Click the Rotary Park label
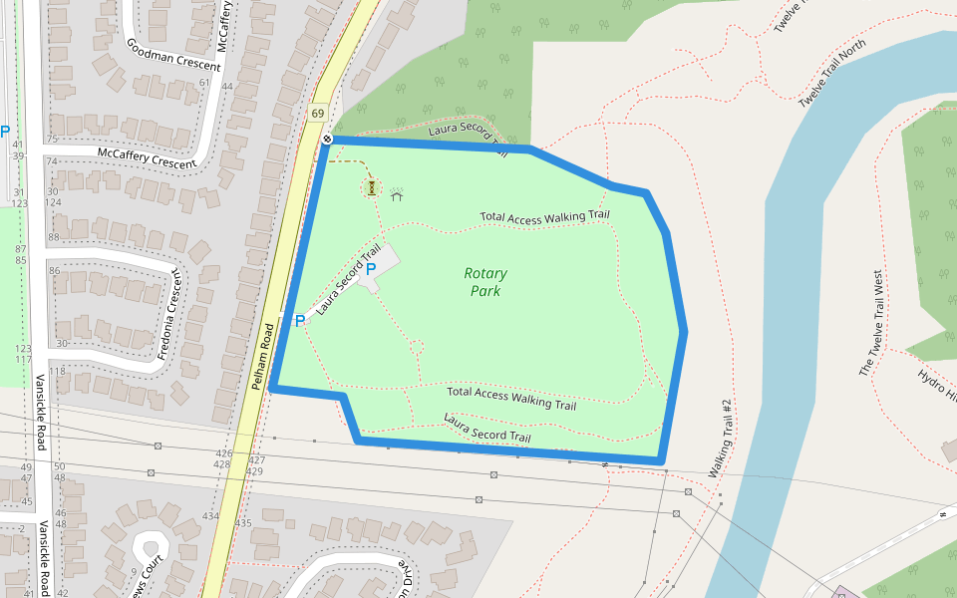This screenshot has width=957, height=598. pos(485,282)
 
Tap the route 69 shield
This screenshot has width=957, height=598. pos(318,114)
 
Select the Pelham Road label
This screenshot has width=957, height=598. pos(262,356)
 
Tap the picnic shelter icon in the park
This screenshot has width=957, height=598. pos(396,193)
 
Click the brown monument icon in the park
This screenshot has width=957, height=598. pos(371,186)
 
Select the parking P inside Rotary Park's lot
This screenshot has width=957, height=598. pos(371,269)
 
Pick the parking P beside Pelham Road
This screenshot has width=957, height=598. pos(299,321)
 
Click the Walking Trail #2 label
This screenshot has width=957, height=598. pos(721,438)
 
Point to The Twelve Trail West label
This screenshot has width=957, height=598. pos(871,323)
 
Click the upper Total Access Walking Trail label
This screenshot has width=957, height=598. pos(543,216)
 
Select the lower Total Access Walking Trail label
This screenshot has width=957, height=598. pos(510,399)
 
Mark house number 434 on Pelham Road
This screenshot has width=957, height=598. pos(210,516)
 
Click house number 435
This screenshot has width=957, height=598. pos(243,522)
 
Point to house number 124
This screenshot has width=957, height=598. pos(52,202)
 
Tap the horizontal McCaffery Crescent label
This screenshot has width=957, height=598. pos(147,157)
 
